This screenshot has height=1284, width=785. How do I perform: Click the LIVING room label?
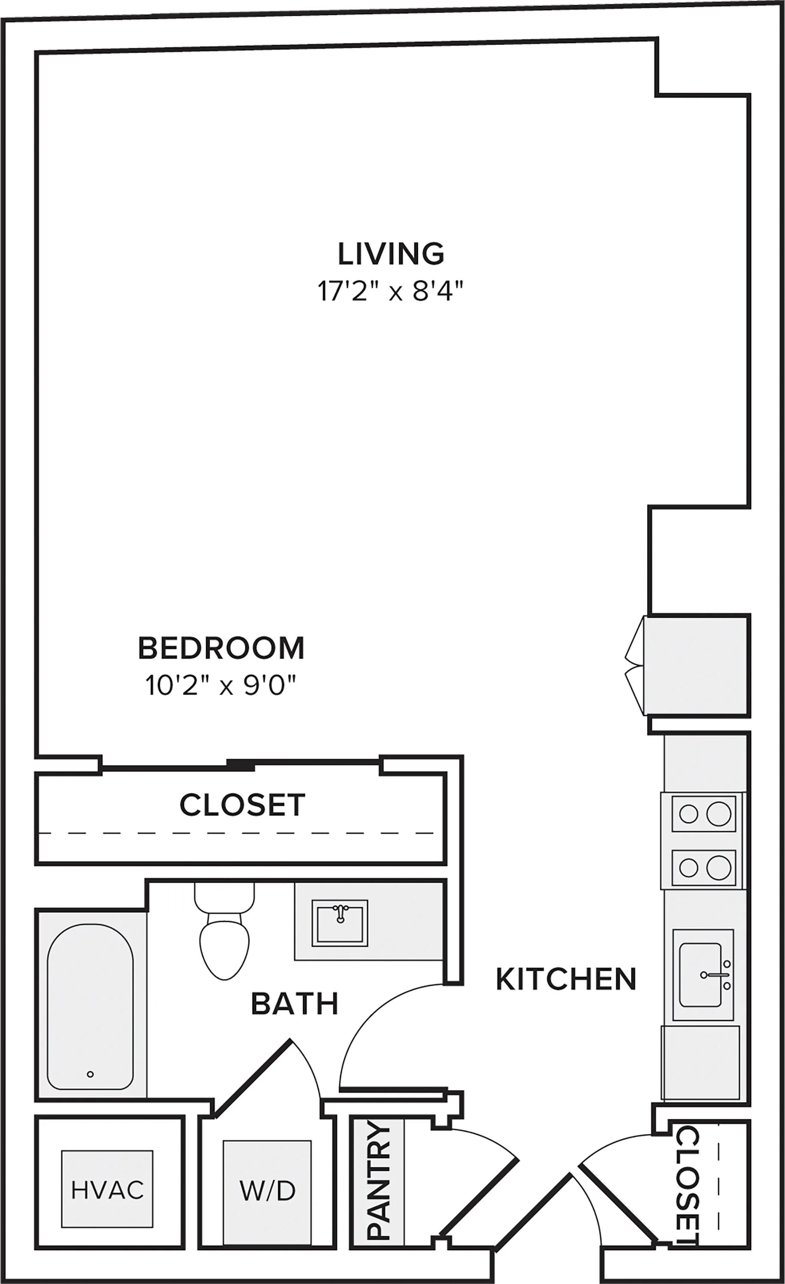point(391,254)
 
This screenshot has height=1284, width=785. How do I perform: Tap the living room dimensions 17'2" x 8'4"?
point(391,291)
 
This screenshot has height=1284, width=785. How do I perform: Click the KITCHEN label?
point(566,979)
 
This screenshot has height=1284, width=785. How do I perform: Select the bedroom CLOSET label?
point(242,805)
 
